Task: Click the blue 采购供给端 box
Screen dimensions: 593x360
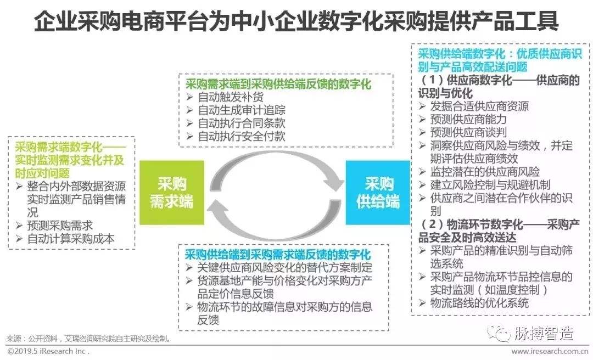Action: tap(378, 192)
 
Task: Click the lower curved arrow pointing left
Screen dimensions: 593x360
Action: tap(275, 222)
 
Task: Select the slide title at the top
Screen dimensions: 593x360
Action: tap(296, 22)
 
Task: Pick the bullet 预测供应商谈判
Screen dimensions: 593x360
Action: tap(468, 132)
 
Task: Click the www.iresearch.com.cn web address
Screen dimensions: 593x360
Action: tap(550, 351)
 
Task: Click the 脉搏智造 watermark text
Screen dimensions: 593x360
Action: tap(543, 333)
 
